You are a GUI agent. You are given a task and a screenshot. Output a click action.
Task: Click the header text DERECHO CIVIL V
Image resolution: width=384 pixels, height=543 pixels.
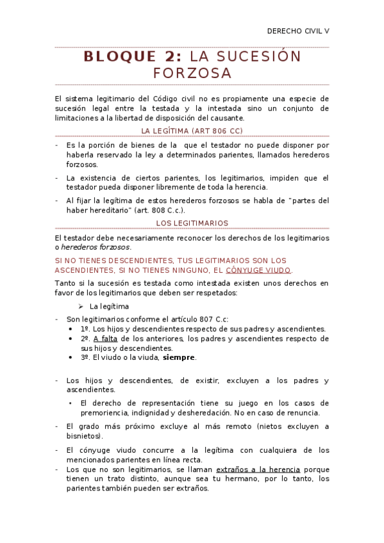[298, 31]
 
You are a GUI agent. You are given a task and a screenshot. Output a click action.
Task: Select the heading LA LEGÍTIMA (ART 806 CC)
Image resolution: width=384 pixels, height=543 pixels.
[192, 131]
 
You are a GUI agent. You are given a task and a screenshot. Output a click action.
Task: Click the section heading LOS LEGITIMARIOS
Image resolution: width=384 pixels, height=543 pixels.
[192, 223]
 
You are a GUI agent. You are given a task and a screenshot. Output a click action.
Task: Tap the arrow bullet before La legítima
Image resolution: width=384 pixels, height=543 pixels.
[81, 306]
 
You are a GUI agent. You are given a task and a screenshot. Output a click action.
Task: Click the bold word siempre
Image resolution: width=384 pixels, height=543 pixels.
[179, 357]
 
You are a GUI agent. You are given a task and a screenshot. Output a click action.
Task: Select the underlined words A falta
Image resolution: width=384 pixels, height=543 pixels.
[106, 338]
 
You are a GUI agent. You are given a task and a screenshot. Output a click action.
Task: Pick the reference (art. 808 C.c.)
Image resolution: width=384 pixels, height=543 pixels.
[156, 210]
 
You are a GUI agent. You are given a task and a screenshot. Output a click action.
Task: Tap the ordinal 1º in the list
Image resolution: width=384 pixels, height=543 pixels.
[85, 328]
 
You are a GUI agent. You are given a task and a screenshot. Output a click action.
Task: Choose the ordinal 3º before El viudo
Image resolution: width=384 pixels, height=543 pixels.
[85, 357]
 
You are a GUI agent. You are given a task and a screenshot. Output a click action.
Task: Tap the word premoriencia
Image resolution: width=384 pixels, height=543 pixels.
[106, 413]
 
